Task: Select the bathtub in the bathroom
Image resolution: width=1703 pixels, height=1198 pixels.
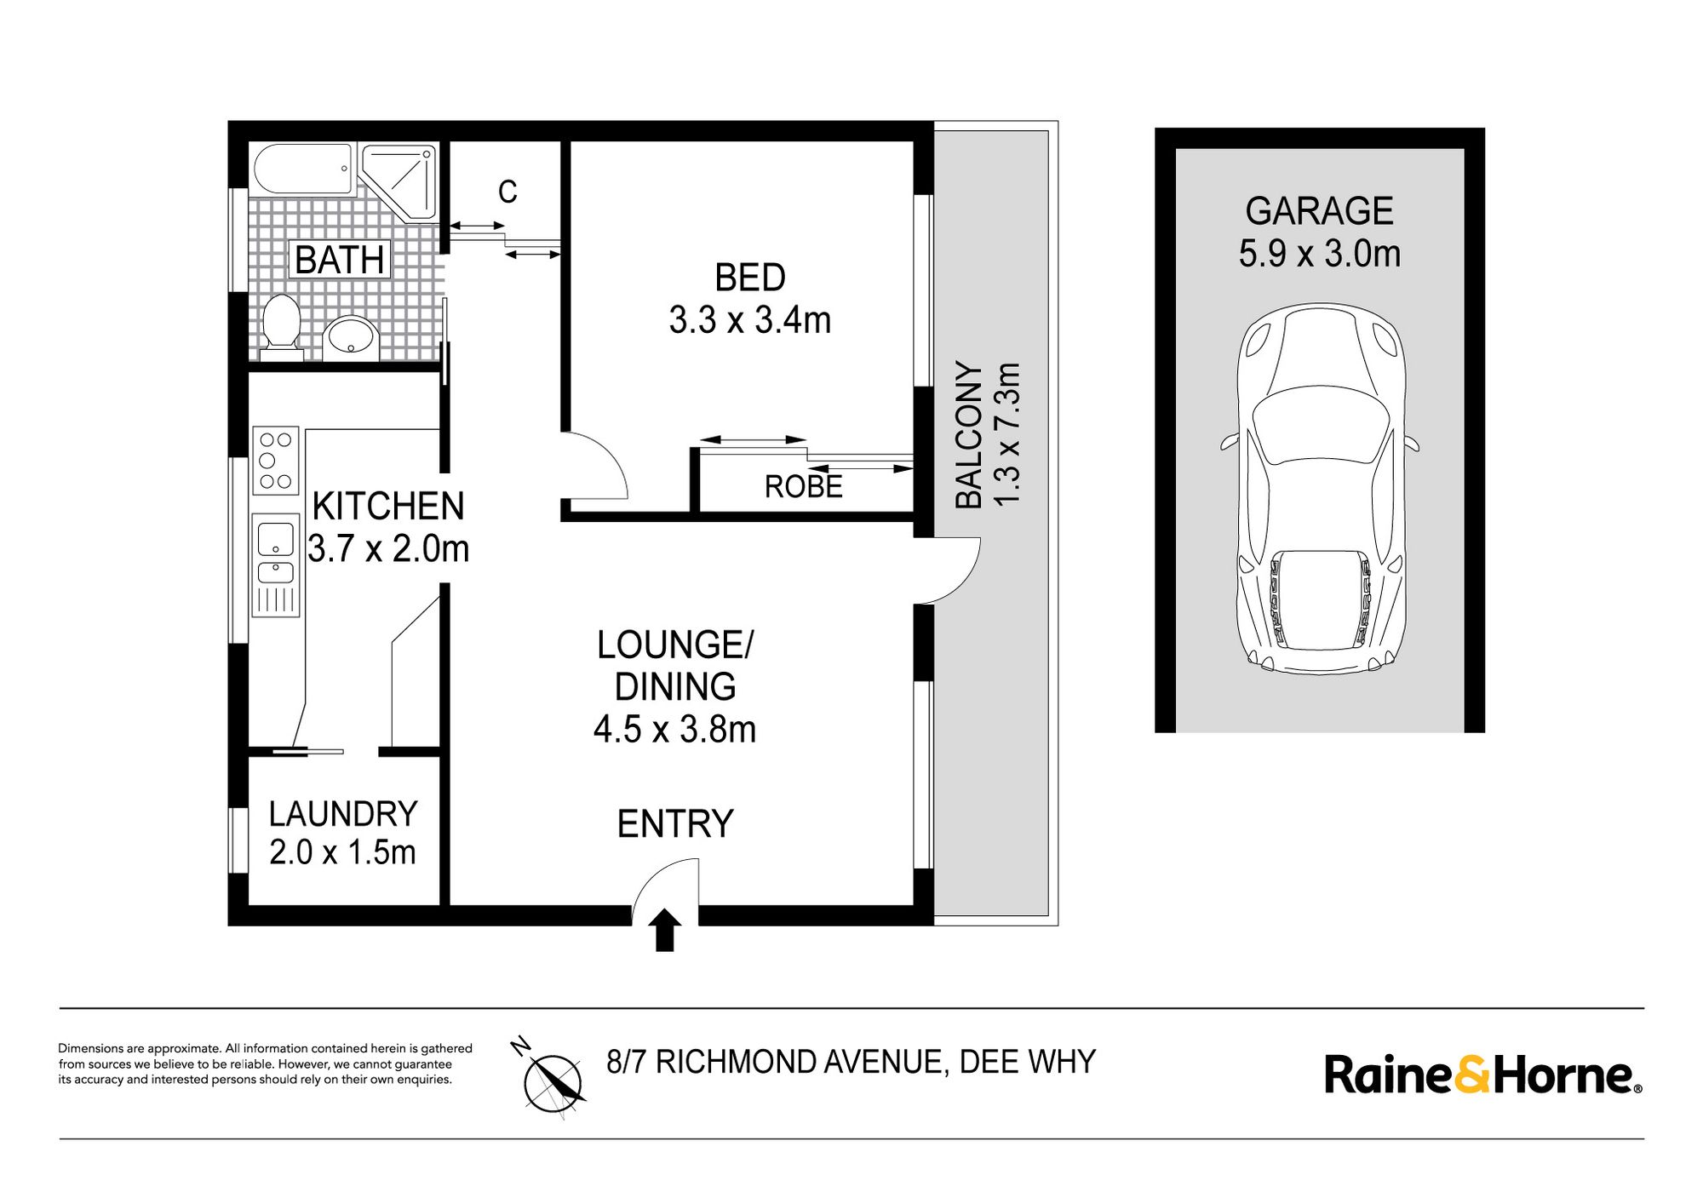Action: (x=302, y=170)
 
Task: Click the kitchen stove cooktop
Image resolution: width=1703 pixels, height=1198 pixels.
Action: (x=275, y=461)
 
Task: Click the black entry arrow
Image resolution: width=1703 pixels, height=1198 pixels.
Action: (x=665, y=929)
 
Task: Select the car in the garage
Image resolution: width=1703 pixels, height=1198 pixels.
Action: (x=1319, y=490)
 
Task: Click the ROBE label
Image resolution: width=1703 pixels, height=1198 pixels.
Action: (x=803, y=487)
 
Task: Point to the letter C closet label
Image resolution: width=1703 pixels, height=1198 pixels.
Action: (x=507, y=192)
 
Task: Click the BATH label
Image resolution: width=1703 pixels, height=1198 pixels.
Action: (x=340, y=260)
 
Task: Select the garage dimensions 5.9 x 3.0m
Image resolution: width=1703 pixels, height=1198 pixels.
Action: (x=1319, y=254)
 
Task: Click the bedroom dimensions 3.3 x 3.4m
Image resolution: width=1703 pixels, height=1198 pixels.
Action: (x=749, y=320)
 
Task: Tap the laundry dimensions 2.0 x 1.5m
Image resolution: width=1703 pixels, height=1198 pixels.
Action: (x=342, y=852)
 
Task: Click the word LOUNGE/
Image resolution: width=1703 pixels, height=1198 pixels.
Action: (x=674, y=645)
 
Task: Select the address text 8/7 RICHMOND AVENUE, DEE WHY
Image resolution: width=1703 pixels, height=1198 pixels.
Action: (x=851, y=1062)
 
